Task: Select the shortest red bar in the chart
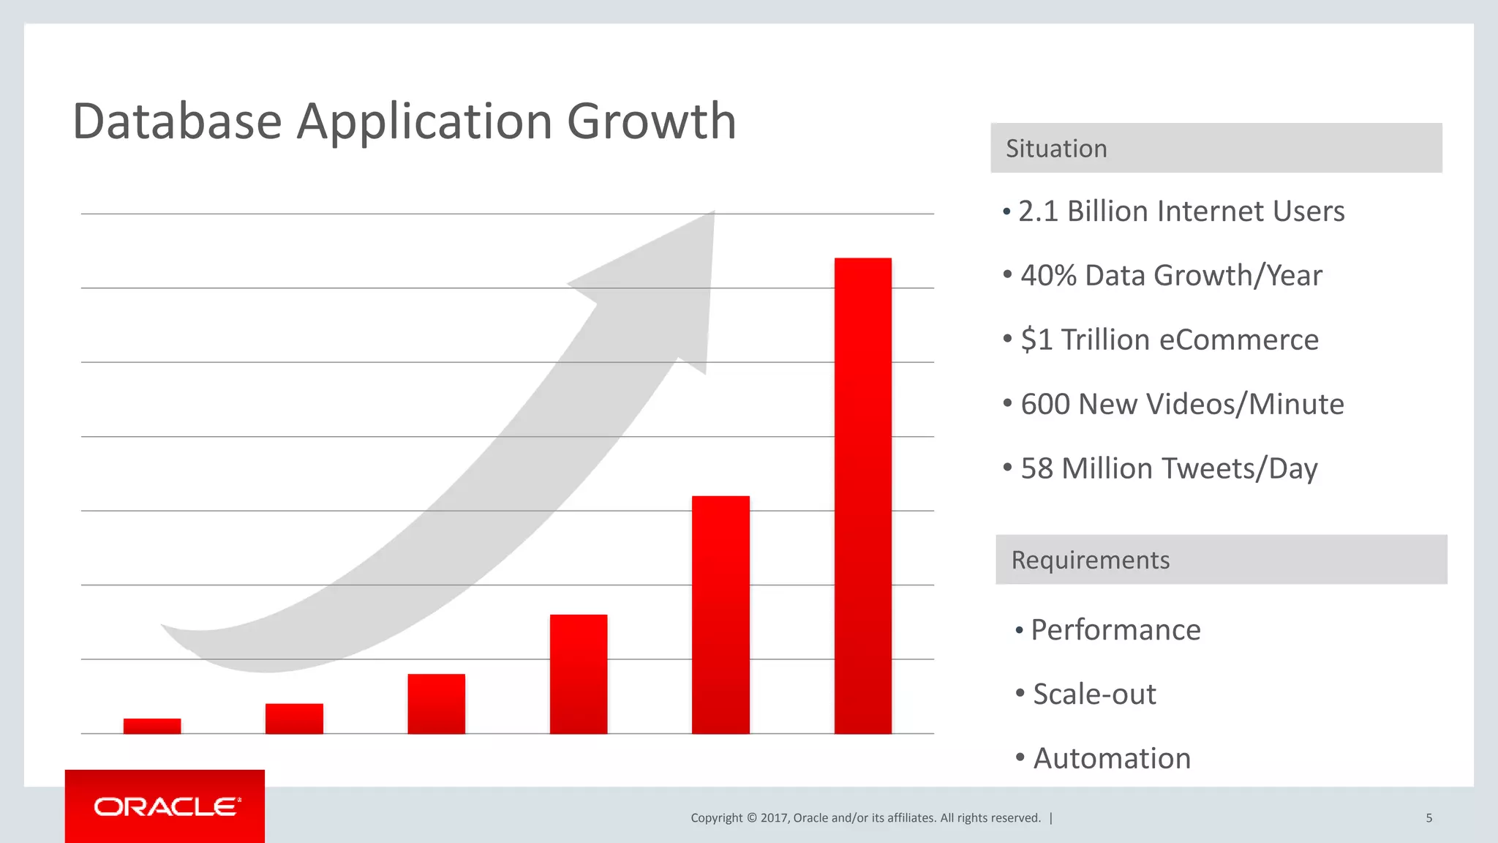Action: pos(152,725)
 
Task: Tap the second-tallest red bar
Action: pos(720,615)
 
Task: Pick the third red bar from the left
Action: pos(436,703)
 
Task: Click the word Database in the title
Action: pos(177,121)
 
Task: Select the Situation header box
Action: pos(1216,148)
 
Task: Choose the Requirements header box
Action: pos(1221,560)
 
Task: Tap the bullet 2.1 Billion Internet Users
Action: pos(1181,211)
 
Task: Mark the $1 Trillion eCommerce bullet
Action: pos(1169,340)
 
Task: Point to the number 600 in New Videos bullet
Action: pos(1044,405)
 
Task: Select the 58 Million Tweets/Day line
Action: pos(1168,469)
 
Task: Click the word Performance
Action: pos(1115,630)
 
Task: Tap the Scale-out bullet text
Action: pos(1094,694)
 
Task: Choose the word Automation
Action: pos(1111,759)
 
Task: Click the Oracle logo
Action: pos(165,806)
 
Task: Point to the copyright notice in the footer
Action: pos(865,818)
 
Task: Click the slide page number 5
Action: pos(1429,818)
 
